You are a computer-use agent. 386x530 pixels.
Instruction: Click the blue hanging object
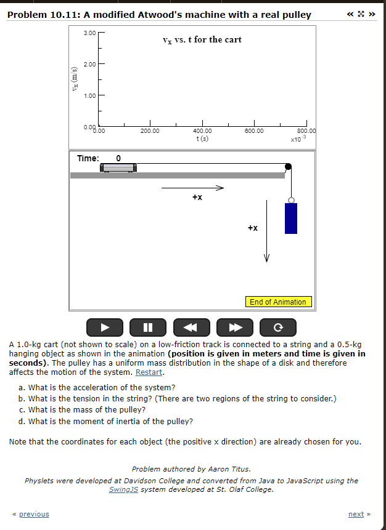[x=290, y=219]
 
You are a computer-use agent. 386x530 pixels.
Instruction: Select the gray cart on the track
[x=118, y=167]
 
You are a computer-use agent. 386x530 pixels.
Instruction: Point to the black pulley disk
[x=287, y=166]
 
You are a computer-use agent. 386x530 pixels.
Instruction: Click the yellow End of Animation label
[x=277, y=302]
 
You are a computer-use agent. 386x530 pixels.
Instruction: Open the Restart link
[x=149, y=372]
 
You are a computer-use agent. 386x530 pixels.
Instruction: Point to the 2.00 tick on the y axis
[x=89, y=64]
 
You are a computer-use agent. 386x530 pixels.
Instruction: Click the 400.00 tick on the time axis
[x=202, y=130]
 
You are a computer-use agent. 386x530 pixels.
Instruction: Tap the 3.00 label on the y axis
[x=89, y=33]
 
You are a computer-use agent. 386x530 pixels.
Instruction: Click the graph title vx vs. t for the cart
[x=202, y=40]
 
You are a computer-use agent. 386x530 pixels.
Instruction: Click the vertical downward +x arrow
[x=267, y=231]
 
